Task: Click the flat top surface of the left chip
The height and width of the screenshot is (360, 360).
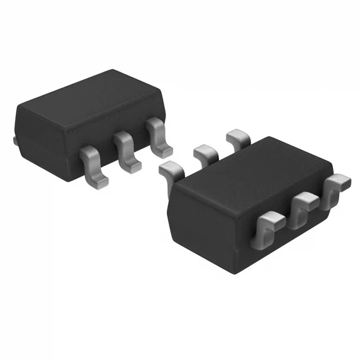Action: (90, 96)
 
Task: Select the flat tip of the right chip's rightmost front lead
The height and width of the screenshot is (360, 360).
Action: (340, 182)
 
